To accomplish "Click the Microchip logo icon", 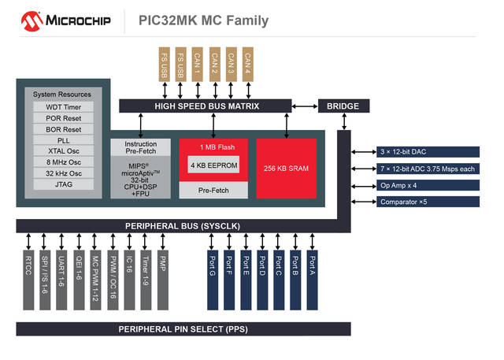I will point(32,20).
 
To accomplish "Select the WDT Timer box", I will point(62,106).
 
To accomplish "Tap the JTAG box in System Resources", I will point(62,184).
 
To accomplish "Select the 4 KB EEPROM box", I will point(213,165).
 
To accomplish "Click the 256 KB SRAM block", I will point(287,168).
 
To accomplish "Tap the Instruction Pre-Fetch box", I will point(141,148).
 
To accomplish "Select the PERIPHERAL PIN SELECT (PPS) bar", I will point(183,328).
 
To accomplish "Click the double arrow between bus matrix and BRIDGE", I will point(304,106).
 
